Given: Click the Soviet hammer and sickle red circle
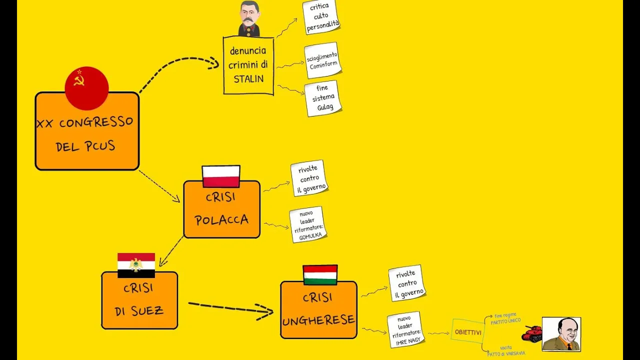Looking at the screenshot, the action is tap(86, 88).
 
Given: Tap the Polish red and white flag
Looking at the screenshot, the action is tap(221, 176).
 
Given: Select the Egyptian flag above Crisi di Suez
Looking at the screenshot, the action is tap(136, 265).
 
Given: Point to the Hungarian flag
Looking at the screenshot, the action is tap(320, 274).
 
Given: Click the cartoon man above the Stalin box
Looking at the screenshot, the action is tap(249, 18).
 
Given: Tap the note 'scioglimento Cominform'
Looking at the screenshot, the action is tap(322, 60).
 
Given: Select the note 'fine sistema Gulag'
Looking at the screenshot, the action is tap(322, 98).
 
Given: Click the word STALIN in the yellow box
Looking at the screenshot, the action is tap(248, 79).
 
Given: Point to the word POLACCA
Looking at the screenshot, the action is tap(221, 220).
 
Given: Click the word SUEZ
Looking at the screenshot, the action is tap(148, 310).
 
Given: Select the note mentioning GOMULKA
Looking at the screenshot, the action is tap(308, 224).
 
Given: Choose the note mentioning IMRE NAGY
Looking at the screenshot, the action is tap(406, 329).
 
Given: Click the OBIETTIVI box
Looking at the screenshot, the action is tap(468, 332).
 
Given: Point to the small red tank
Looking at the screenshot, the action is tap(532, 332).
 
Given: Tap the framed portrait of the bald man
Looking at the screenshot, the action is tap(561, 334).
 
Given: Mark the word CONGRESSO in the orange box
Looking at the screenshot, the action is tap(96, 122).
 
